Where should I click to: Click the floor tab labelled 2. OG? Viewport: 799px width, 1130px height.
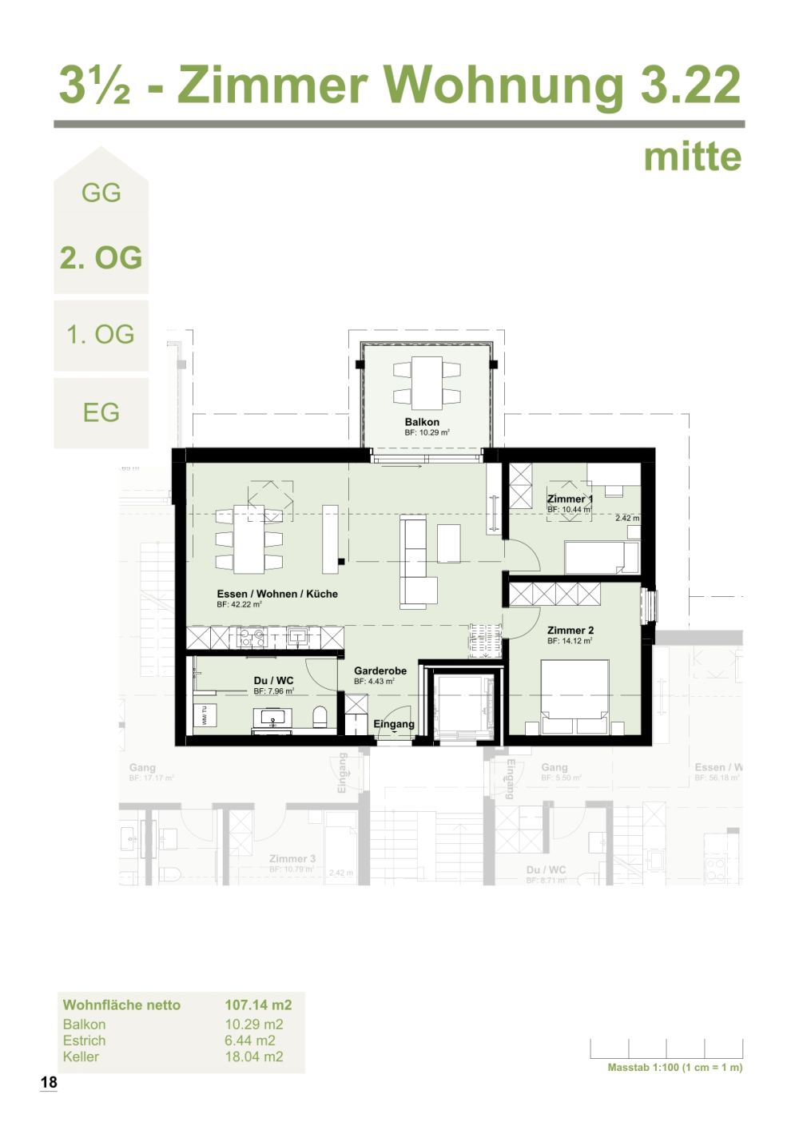point(101,257)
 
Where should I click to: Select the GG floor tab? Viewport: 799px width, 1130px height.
point(101,193)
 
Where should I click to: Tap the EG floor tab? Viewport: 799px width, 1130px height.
point(101,412)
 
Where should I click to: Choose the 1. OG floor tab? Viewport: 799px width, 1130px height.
point(101,334)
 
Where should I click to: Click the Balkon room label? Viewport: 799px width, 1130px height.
point(421,422)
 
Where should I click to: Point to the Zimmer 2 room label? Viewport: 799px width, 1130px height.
point(570,631)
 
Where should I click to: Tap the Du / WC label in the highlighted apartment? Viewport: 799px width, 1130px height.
point(273,681)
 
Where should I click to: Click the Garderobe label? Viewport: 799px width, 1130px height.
point(380,671)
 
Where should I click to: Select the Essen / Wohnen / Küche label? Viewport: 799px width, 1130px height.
point(276,594)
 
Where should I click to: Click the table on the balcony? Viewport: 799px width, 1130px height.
point(427,382)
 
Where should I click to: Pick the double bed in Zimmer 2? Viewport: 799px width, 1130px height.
point(574,695)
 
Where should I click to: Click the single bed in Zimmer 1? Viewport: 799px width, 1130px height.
point(601,557)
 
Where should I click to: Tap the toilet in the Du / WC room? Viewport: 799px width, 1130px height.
point(320,716)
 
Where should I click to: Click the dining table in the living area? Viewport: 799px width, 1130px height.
point(248,539)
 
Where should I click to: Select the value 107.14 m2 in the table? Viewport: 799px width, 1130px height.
point(258,1005)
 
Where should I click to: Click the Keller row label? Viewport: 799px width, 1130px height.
point(81,1056)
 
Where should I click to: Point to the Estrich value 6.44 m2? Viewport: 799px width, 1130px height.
point(250,1040)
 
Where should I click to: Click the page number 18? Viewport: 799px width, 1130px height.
point(49,1083)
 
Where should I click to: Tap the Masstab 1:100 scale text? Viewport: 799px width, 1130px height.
point(674,1068)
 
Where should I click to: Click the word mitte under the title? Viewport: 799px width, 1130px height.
point(692,157)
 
